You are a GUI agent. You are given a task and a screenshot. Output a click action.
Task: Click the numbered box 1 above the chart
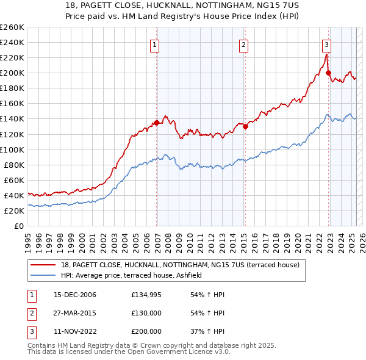click(155, 45)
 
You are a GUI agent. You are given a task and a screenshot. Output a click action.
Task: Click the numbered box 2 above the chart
click(243, 45)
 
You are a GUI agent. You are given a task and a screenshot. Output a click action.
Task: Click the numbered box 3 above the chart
click(327, 45)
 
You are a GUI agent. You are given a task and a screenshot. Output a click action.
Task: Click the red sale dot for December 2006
click(157, 123)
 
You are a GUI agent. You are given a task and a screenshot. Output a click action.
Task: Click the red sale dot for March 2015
click(245, 127)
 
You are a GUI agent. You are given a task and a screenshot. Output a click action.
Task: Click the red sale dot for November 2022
click(328, 73)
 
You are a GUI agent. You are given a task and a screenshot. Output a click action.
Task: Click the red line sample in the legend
click(43, 265)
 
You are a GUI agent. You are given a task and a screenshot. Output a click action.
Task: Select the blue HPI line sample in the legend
click(43, 276)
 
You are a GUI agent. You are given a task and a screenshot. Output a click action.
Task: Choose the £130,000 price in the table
click(146, 313)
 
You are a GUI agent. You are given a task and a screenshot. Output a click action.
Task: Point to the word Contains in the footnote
click(42, 345)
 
